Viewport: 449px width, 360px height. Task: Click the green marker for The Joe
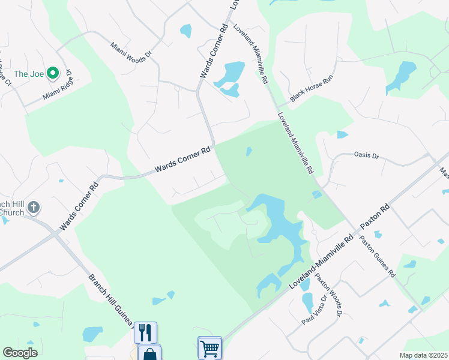click(x=52, y=73)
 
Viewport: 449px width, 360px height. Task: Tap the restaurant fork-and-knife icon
click(x=145, y=332)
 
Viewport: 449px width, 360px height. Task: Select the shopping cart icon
click(x=209, y=347)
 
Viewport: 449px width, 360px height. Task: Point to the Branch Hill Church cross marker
click(x=34, y=208)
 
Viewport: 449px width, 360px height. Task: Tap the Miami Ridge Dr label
click(x=58, y=88)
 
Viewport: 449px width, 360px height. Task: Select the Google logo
click(x=20, y=353)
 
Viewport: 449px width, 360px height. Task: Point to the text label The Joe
click(x=28, y=74)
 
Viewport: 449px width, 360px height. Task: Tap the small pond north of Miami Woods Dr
click(x=185, y=31)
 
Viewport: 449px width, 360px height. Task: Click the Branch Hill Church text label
click(x=12, y=208)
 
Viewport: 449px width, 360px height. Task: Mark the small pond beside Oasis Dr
click(x=342, y=134)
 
